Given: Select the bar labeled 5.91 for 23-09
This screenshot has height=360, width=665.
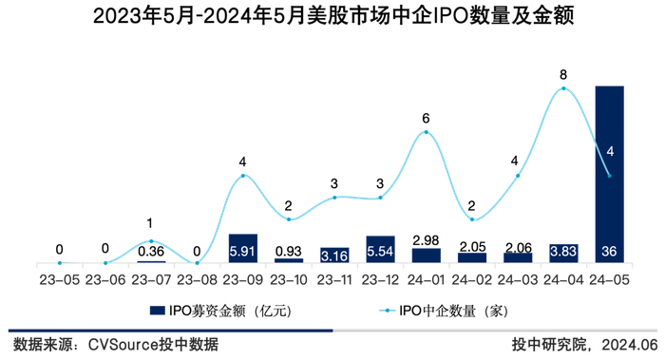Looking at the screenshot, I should click(x=243, y=249).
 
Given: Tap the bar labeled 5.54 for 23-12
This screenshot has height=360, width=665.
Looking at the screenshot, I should click(x=380, y=250).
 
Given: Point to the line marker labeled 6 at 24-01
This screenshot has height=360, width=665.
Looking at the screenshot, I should click(x=427, y=132).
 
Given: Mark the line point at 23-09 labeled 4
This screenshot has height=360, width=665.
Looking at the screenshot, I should click(x=243, y=176).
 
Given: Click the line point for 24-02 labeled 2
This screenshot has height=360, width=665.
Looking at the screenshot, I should click(x=472, y=219).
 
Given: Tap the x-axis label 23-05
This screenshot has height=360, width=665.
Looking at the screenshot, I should click(x=59, y=279).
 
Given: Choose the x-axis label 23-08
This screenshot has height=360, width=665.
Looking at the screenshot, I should click(x=197, y=279).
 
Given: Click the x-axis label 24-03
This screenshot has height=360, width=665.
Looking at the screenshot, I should click(x=518, y=279).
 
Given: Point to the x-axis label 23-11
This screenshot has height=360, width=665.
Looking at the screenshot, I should click(x=334, y=279).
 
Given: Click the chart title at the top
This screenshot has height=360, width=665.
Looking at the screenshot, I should click(x=332, y=16).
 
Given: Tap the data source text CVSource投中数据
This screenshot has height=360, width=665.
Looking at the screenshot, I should click(x=152, y=344).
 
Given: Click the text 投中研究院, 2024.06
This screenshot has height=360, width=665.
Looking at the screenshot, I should click(x=583, y=344).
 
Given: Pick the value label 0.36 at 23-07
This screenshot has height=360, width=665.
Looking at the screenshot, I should click(x=151, y=252).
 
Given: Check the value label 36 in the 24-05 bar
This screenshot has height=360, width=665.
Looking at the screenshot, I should click(x=609, y=252).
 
